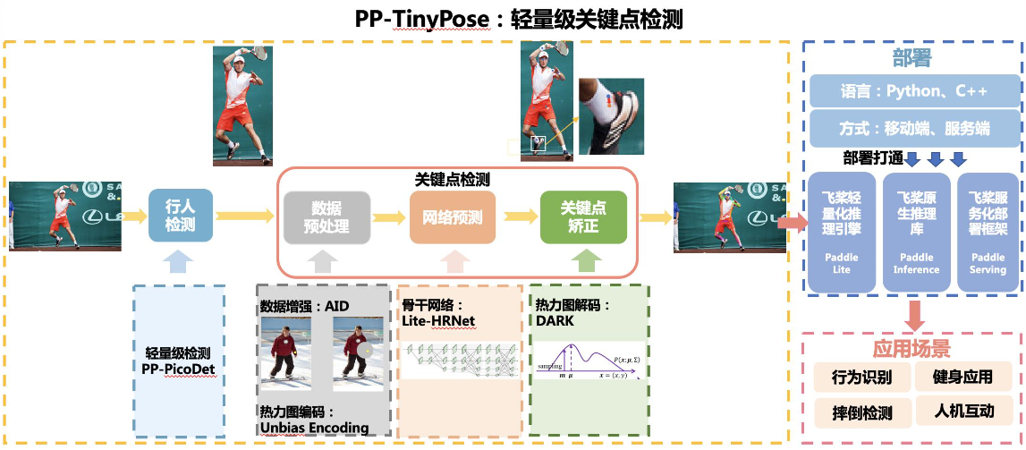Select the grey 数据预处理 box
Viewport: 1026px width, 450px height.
(326, 217)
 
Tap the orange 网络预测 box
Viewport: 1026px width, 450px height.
(453, 217)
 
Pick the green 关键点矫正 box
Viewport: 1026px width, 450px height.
(583, 217)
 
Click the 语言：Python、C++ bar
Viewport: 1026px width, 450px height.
(914, 91)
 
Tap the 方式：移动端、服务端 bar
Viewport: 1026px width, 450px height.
(914, 129)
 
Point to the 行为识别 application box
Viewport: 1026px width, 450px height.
(861, 377)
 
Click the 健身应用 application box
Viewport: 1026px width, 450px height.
(962, 377)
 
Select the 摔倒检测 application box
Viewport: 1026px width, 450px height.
(861, 412)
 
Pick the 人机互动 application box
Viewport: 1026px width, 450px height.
(962, 412)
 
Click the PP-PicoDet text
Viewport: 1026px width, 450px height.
(179, 368)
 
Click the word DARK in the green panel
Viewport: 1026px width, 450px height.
(555, 320)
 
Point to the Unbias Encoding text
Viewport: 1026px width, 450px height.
(314, 428)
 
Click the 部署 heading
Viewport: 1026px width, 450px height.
(912, 58)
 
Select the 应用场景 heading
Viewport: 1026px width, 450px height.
(912, 348)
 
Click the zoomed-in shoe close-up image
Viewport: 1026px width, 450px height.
(610, 116)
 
